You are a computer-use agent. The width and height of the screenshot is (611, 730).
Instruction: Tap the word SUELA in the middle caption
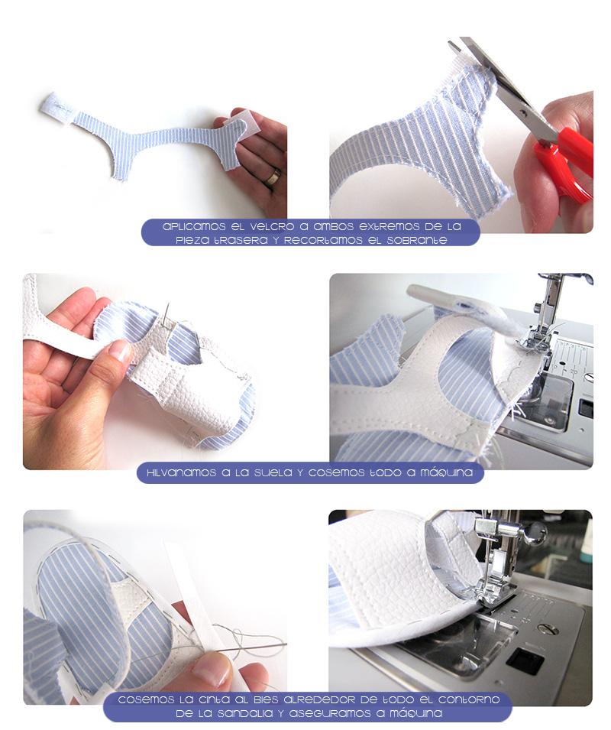[273, 473]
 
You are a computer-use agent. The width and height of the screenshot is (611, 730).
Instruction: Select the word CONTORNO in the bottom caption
[468, 699]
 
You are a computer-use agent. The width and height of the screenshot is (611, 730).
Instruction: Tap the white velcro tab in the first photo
[58, 109]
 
